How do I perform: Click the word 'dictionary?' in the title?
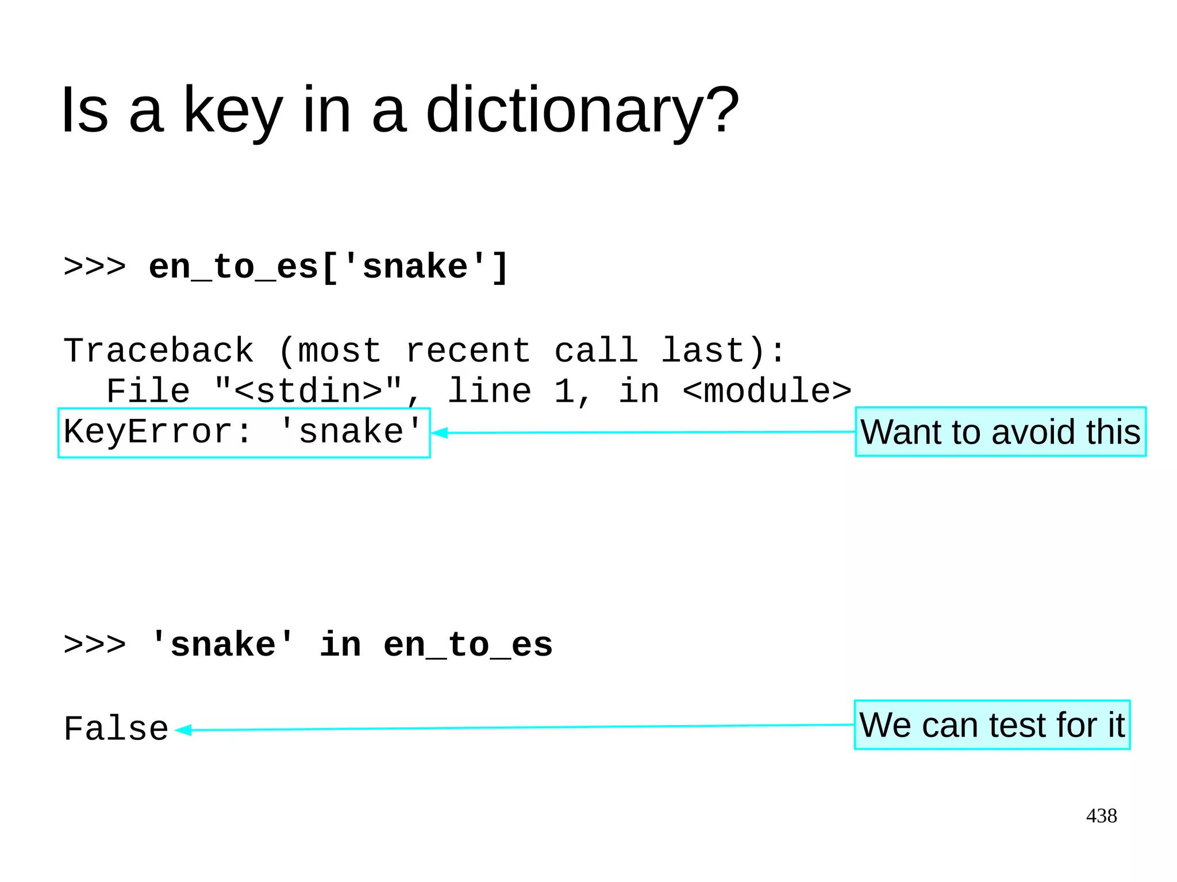point(582,110)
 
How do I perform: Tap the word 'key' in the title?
point(233,110)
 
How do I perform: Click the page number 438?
point(1101,816)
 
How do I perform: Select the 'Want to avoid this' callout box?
point(1001,432)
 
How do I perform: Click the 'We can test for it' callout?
point(992,725)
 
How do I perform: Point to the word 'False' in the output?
point(116,729)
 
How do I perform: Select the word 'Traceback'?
point(158,351)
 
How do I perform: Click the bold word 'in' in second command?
point(340,645)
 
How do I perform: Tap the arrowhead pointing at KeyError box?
point(440,433)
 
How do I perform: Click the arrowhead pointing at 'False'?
point(183,730)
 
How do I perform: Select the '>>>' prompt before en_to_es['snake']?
point(94,267)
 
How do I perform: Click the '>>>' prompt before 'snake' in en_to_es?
point(94,645)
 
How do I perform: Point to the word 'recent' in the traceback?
point(468,351)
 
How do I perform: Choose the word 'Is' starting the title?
point(84,110)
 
